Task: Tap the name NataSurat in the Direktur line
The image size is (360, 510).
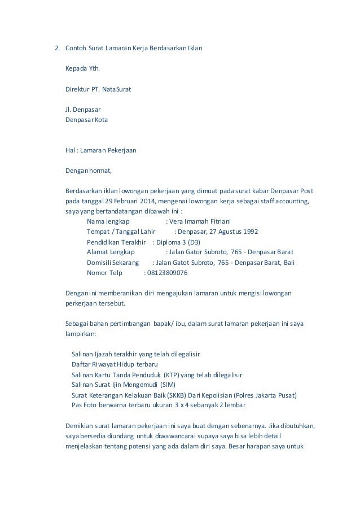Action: click(117, 89)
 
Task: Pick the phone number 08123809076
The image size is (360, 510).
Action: click(167, 272)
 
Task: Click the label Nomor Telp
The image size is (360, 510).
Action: click(104, 272)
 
